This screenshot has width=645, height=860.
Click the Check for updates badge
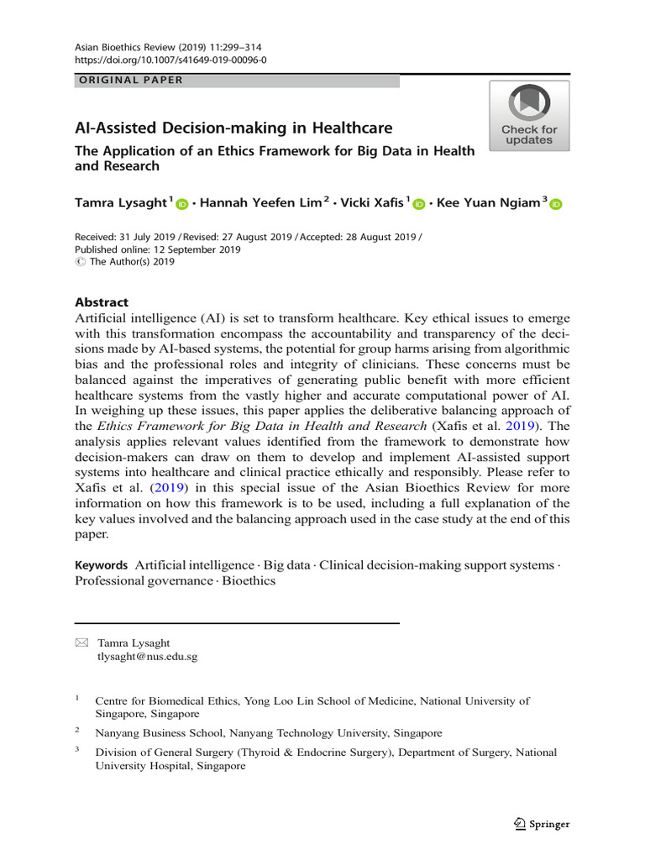[x=529, y=116]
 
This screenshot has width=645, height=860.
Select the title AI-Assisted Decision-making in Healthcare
[x=233, y=128]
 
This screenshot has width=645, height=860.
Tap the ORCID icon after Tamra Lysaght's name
[x=183, y=204]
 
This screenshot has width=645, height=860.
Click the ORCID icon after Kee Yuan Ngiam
[x=556, y=204]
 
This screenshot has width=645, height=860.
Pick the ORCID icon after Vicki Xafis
[x=419, y=204]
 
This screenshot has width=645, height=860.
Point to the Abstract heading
[x=102, y=302]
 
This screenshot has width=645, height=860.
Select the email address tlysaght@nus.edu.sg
[x=148, y=657]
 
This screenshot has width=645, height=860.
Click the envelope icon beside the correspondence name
[x=81, y=642]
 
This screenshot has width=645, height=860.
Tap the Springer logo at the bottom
[x=541, y=824]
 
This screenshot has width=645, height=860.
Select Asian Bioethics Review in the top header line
[x=127, y=48]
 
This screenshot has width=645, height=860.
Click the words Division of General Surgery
[x=165, y=752]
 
